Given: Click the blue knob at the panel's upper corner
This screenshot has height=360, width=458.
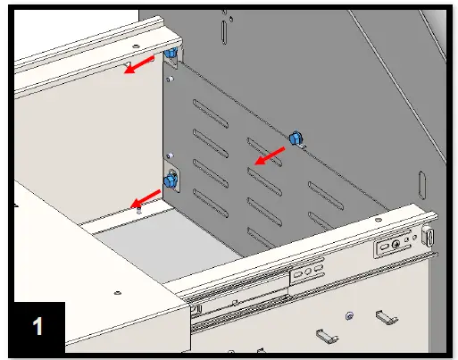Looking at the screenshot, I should coord(169,56).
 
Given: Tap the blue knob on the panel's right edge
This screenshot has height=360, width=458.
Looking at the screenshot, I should coord(296,138).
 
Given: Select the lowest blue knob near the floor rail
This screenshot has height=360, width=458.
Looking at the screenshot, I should coord(170,181).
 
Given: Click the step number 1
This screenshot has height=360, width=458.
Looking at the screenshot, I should coord(37,325).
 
